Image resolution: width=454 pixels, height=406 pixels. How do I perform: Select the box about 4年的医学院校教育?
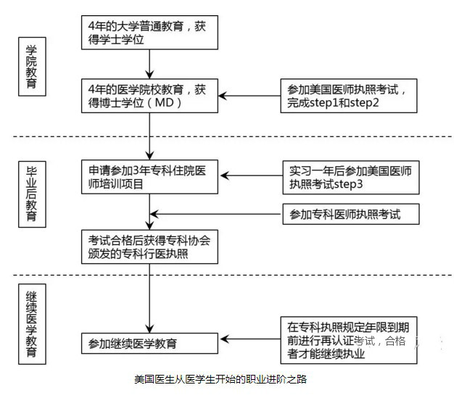click(x=149, y=96)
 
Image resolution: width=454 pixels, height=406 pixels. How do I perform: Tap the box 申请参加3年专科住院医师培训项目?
click(x=149, y=177)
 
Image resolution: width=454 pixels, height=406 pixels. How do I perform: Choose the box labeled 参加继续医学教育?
click(x=149, y=342)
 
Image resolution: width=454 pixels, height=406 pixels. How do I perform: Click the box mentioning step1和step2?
click(x=350, y=96)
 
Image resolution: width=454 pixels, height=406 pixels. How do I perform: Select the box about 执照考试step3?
click(x=350, y=177)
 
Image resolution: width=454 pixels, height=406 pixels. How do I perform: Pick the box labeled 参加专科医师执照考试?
click(x=350, y=214)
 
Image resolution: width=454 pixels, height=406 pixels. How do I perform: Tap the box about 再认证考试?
click(x=350, y=340)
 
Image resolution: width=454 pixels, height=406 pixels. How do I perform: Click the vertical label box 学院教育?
click(x=32, y=67)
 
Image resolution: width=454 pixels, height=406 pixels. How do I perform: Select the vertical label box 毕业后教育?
click(x=32, y=191)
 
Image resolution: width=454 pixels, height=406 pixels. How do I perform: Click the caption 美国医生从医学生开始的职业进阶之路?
click(x=221, y=379)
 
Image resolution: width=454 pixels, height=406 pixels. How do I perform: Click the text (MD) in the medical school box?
click(x=163, y=103)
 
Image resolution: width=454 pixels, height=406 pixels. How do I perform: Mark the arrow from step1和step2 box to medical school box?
click(x=249, y=96)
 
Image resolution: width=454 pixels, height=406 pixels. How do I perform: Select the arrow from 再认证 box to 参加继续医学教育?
click(x=249, y=340)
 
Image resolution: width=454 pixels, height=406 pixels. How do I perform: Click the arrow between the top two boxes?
click(x=149, y=64)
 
